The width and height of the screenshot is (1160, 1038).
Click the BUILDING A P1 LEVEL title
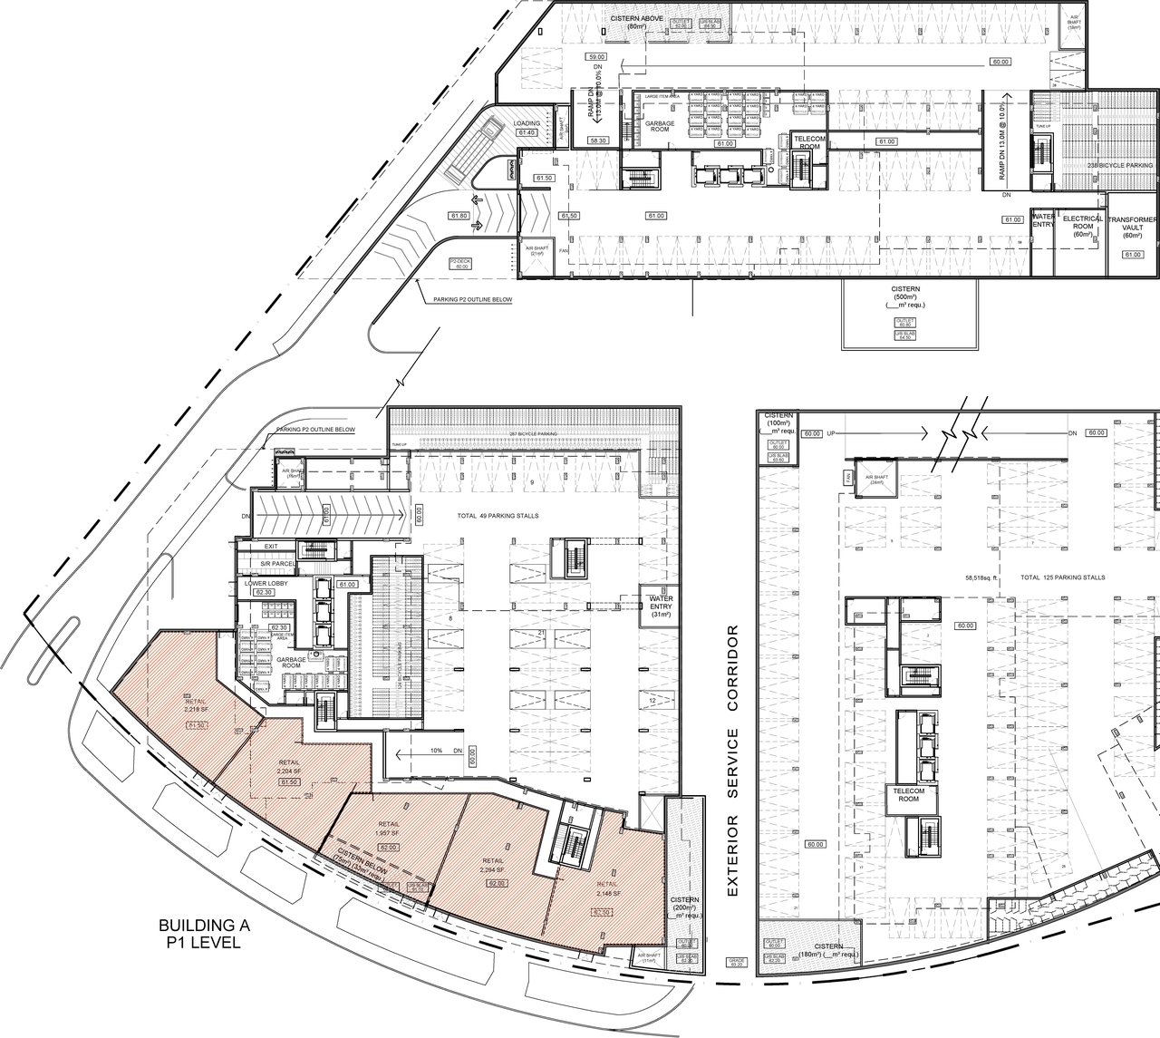[204, 934]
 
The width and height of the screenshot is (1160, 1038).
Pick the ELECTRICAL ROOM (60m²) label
[1082, 227]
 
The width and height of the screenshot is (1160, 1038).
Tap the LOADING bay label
[527, 123]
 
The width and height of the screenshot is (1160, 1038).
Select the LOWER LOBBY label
[266, 583]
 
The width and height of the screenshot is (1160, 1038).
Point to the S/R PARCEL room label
[278, 564]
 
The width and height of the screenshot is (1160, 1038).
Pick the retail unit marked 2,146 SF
[608, 888]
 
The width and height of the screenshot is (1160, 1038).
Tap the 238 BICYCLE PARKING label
[1120, 166]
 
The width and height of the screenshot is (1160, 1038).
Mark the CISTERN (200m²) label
[684, 907]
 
